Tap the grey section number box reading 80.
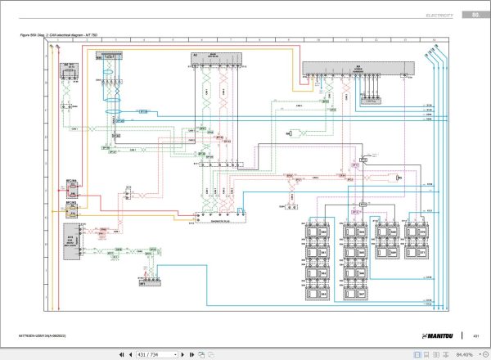475,15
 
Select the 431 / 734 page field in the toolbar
155,354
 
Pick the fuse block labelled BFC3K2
72,210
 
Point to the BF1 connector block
149,282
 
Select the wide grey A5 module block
357,69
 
